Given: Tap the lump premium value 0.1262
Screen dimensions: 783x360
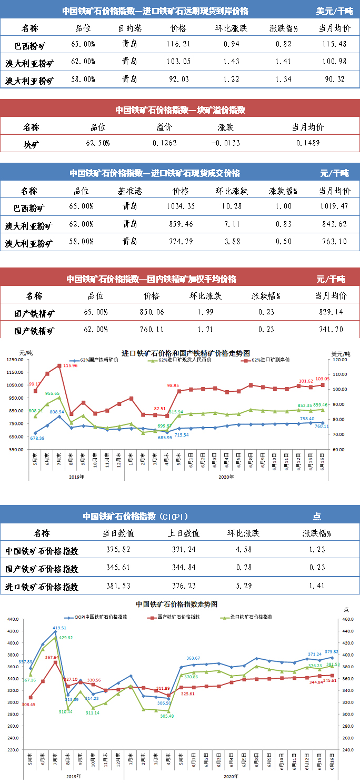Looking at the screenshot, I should [x=164, y=143].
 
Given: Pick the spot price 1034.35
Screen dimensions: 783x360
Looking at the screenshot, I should [x=181, y=206].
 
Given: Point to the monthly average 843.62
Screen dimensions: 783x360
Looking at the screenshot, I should [x=334, y=224].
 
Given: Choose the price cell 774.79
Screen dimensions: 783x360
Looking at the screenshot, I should [x=181, y=242].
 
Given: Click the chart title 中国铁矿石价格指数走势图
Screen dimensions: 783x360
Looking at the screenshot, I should [x=176, y=604].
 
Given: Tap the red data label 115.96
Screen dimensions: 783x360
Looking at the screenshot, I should [x=70, y=366].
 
